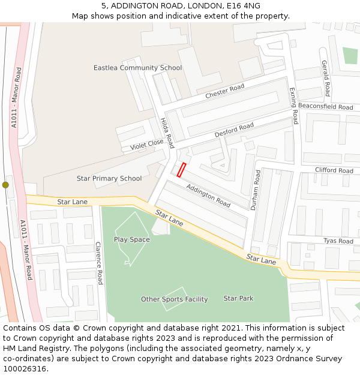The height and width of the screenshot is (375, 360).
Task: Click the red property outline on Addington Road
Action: (182, 170)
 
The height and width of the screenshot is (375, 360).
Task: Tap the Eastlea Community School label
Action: (137, 68)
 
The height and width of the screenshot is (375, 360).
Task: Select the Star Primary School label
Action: (109, 178)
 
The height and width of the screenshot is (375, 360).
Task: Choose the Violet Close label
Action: (147, 145)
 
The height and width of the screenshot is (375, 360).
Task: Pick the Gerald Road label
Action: (325, 78)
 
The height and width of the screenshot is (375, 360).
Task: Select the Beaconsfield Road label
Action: (325, 107)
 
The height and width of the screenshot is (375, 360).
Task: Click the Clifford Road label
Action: (334, 170)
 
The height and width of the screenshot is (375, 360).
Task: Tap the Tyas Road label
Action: (338, 241)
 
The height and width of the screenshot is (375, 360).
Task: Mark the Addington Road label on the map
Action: (208, 196)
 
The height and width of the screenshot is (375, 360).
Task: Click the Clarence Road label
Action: (99, 263)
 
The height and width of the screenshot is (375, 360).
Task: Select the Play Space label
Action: (132, 239)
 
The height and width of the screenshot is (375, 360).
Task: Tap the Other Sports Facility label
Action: (174, 299)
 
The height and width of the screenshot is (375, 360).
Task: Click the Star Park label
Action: (238, 298)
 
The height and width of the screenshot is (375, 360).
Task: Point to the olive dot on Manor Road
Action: (5, 185)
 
